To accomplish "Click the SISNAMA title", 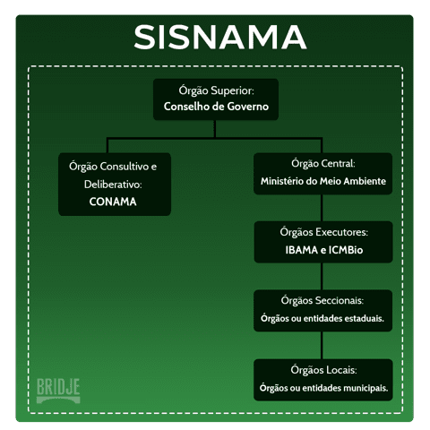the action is (220, 37).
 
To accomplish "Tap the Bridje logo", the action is (58, 391).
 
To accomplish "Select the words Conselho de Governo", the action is (216, 107).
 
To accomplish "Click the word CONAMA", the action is (113, 202).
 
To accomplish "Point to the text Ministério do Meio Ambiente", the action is (323, 181).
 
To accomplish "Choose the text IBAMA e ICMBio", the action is (324, 250).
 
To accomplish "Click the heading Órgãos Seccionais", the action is (322, 300).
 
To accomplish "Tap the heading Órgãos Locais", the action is (323, 370).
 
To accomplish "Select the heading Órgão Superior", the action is (216, 90).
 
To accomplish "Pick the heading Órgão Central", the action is (323, 164).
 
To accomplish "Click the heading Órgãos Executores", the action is (324, 232).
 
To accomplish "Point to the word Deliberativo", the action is (113, 185).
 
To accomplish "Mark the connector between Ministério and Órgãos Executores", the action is (322, 208).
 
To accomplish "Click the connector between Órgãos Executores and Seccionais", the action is (322, 277).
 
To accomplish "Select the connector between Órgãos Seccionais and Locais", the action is (322, 346).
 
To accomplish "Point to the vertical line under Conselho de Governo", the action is (215, 129).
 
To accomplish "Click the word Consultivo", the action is (125, 167).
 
